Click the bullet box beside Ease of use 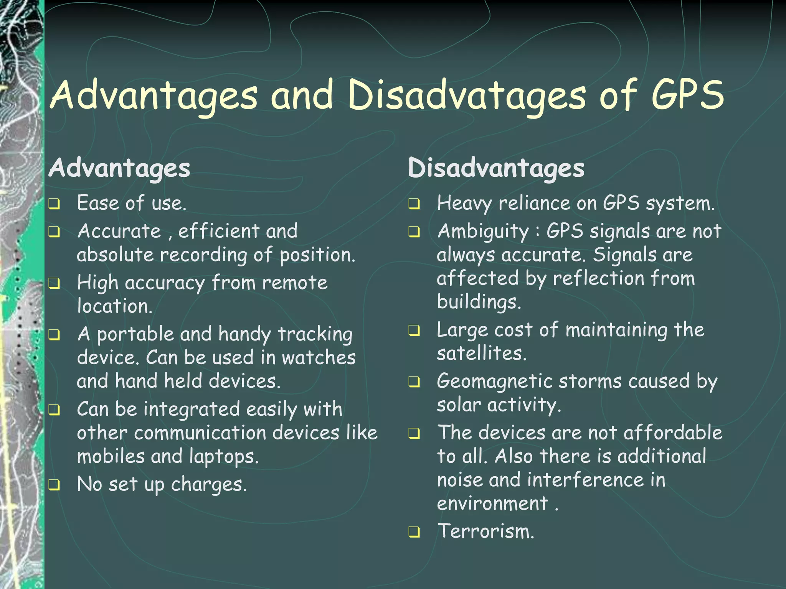click(x=54, y=204)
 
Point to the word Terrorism click(x=486, y=531)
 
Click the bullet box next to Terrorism click(x=414, y=532)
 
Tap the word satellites click(x=481, y=353)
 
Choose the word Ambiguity click(x=483, y=232)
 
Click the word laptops click(x=224, y=457)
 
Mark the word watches click(x=319, y=357)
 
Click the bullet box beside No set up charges click(x=54, y=485)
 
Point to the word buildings click(x=479, y=302)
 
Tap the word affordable click(x=673, y=433)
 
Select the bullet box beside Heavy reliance click(x=414, y=204)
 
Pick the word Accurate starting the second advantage click(x=119, y=231)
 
